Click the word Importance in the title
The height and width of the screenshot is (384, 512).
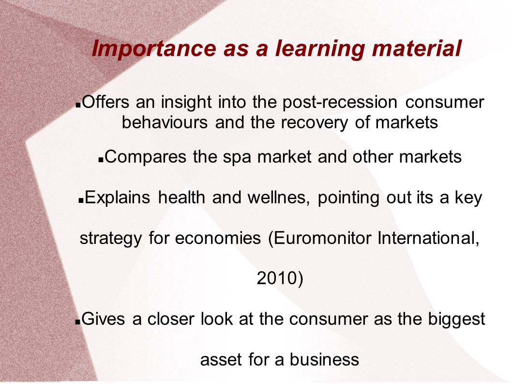(154, 49)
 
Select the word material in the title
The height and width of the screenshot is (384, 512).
(417, 48)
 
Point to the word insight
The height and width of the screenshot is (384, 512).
(186, 102)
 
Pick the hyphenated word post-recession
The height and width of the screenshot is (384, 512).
(340, 102)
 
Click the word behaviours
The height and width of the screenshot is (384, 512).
(165, 123)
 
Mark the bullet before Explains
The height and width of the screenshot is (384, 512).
(81, 201)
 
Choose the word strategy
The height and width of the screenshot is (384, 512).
(111, 239)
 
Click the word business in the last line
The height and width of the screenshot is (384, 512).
(324, 359)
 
